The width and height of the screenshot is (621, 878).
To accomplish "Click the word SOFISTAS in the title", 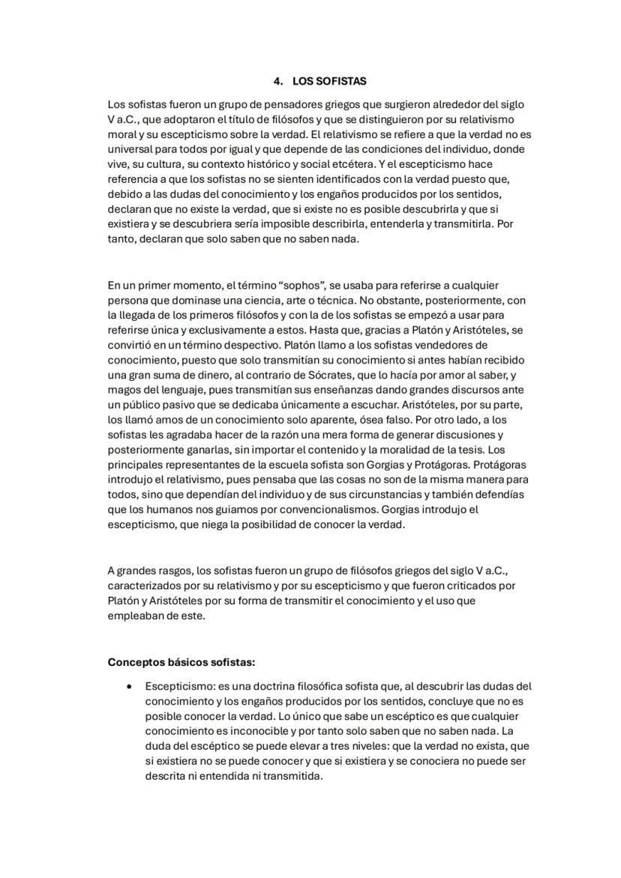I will click(340, 81).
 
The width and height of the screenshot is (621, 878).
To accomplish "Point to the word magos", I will click(123, 390).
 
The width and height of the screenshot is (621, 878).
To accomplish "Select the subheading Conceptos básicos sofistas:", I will click(181, 662).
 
